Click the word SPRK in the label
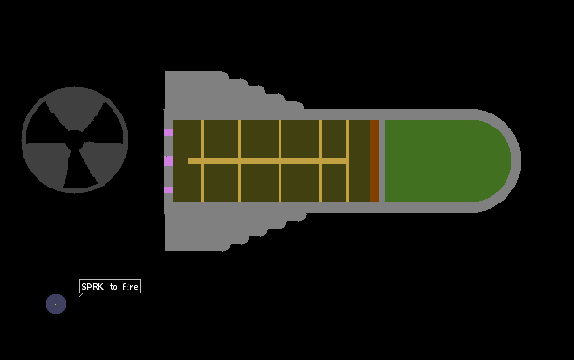point(92,287)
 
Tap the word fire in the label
point(130,287)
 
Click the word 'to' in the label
point(113,287)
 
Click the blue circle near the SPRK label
point(55,304)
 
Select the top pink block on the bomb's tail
point(169,132)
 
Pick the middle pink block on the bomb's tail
point(169,160)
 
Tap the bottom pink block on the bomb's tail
point(169,189)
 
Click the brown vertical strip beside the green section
point(374,160)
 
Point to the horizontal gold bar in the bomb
point(267,160)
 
